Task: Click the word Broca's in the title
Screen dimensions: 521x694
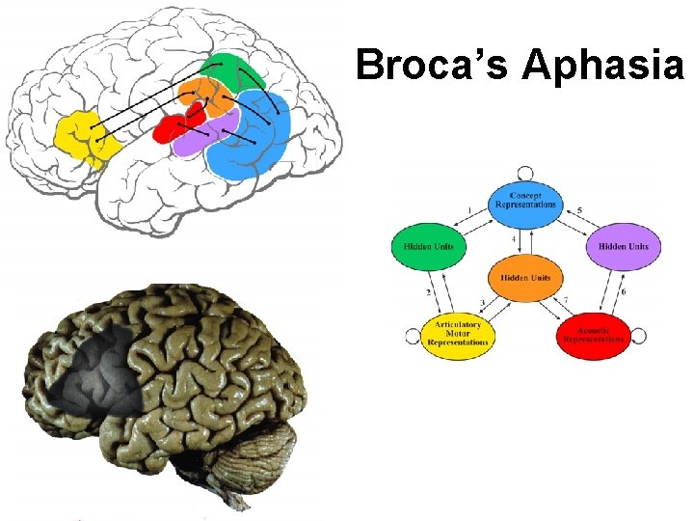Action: [x=433, y=66]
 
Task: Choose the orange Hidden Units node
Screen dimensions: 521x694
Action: [x=525, y=279]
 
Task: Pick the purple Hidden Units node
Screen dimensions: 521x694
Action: [x=624, y=247]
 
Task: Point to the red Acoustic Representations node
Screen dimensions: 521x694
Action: [x=593, y=335]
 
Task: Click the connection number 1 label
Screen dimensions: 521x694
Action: [x=469, y=211]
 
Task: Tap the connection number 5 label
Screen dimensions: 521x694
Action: [x=580, y=210]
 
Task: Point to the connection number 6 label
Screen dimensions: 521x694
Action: [x=623, y=291]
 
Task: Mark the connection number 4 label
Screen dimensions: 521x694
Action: [x=514, y=238]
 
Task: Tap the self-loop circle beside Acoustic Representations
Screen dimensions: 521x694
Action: [x=637, y=337]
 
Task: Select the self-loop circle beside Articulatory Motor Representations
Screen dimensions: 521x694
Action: [x=414, y=337]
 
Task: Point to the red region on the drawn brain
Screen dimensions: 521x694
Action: [x=170, y=128]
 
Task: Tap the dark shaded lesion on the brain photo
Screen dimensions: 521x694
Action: [x=96, y=367]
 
